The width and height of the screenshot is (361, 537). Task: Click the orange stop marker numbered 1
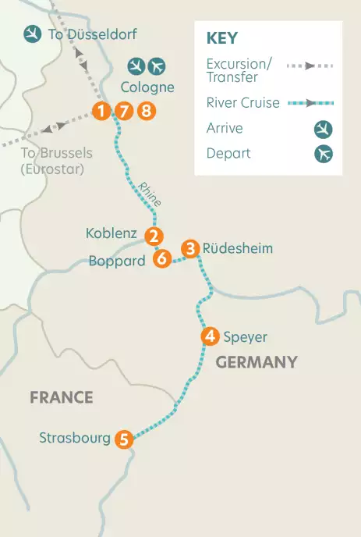click(101, 111)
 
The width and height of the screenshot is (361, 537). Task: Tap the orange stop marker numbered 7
click(123, 111)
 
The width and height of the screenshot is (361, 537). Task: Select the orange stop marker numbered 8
click(146, 111)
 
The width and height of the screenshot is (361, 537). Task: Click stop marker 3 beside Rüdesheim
click(189, 249)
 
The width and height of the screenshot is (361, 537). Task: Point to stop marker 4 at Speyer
click(209, 337)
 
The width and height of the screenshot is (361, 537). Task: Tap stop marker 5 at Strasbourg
click(123, 439)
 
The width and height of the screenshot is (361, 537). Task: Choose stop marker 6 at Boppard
click(162, 258)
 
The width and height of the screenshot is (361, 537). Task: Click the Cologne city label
click(147, 87)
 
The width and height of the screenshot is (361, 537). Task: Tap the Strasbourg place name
click(75, 438)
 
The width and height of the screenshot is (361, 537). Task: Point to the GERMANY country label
click(257, 362)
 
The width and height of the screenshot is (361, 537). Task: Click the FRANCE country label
click(62, 398)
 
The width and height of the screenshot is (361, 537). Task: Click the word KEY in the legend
click(222, 38)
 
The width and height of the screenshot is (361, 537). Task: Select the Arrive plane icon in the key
click(324, 129)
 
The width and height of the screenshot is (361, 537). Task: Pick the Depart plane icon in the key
click(324, 154)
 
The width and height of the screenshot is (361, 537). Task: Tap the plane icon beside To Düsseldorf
click(33, 34)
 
